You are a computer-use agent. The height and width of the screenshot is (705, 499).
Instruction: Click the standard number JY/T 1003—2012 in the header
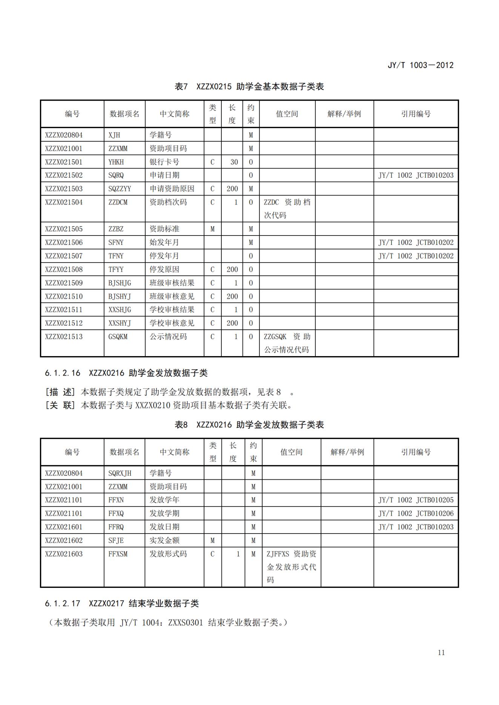coord(420,65)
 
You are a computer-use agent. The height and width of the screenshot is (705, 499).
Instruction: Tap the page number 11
coord(441,653)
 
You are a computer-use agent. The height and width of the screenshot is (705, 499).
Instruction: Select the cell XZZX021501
coord(64,162)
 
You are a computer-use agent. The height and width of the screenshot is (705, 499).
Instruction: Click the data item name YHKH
coord(116,162)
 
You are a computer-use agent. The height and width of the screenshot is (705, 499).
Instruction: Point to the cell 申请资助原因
coord(172,189)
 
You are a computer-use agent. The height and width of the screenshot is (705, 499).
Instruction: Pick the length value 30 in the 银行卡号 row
coord(234,162)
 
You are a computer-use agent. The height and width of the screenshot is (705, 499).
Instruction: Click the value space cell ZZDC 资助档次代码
coord(287,208)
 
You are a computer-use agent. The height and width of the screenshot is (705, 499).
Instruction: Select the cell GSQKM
coord(118,337)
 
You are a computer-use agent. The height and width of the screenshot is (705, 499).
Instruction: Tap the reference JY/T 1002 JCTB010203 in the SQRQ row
coord(416,175)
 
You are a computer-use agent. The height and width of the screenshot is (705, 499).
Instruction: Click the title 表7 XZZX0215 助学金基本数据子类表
coord(249,87)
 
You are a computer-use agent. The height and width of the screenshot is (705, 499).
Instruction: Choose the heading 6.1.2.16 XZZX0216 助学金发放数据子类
coord(126,373)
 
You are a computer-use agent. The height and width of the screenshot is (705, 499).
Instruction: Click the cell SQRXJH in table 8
coord(120,473)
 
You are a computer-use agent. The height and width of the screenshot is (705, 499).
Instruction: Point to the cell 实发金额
coord(164,540)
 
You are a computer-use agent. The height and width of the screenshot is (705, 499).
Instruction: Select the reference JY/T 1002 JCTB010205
coord(416,500)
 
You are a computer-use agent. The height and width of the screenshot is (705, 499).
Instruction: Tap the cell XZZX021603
coord(64,554)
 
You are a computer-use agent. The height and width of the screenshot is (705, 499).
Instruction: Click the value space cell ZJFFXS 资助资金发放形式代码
coord(291,567)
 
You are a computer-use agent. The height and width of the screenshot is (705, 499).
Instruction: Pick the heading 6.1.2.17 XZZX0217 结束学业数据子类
coord(122,603)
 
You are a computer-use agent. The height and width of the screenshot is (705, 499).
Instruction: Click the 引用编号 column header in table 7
coord(416,114)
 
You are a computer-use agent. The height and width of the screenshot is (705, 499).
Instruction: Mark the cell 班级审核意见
coord(172,297)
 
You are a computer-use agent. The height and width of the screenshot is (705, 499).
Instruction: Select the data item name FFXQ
coord(116,514)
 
